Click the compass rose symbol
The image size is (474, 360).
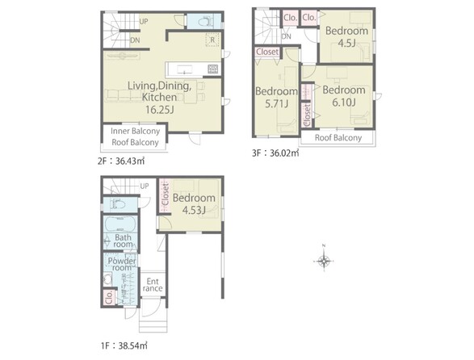point(324,260)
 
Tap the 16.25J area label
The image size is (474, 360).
point(159,110)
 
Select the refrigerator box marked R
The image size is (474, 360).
point(212,40)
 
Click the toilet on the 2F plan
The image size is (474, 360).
point(205,22)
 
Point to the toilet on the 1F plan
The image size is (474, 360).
point(118,204)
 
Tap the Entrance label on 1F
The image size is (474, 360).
point(153,285)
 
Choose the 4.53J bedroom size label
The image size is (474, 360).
point(194,210)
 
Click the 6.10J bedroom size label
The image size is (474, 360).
point(344,103)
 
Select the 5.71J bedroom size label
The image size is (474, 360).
point(277,104)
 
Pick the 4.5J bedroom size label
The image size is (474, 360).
point(346,44)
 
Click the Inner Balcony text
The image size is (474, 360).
point(135,132)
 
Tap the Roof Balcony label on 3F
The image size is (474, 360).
point(338,138)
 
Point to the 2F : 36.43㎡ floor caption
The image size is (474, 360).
point(121,161)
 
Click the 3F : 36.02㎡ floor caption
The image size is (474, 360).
point(275,153)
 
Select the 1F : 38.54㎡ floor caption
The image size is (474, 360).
point(124,345)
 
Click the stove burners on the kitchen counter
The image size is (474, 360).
point(213,69)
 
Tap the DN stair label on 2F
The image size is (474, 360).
point(135,40)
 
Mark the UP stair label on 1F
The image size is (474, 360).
point(145,186)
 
